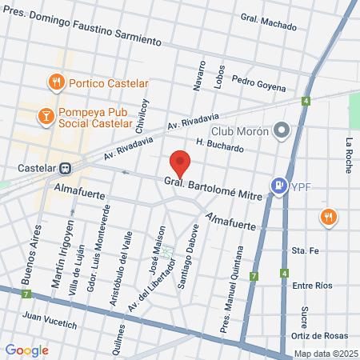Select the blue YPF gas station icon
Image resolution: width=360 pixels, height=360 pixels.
pos(278,186)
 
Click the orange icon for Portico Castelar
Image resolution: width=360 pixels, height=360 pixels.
pos(54,81)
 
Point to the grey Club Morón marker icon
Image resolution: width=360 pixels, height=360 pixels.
pos(281,130)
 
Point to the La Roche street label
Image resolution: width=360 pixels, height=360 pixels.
pos(349,154)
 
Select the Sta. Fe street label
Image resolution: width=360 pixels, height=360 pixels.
pos(306,250)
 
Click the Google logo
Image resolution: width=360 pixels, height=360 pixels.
pos(27,350)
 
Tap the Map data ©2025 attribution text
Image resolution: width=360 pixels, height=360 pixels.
pos(324,354)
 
